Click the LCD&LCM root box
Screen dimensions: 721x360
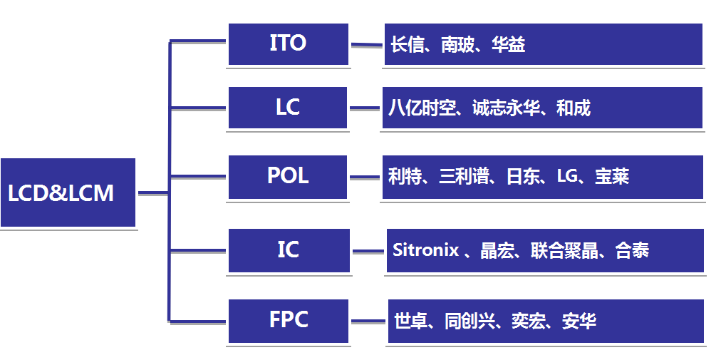click(x=68, y=192)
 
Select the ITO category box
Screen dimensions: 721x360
click(x=289, y=44)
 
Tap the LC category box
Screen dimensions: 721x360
click(x=287, y=108)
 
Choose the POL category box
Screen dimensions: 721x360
click(x=287, y=178)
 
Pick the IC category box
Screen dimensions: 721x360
click(x=289, y=250)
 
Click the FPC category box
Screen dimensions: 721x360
click(x=289, y=321)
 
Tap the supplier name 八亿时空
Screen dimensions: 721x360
click(x=422, y=108)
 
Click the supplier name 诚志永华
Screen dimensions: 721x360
click(x=506, y=108)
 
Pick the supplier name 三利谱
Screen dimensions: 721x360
click(x=464, y=177)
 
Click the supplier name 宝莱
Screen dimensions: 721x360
click(x=611, y=177)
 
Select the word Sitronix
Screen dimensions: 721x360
click(x=426, y=250)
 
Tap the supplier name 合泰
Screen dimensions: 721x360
click(x=632, y=250)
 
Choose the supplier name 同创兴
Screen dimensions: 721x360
click(x=470, y=321)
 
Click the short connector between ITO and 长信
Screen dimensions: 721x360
click(x=366, y=45)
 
